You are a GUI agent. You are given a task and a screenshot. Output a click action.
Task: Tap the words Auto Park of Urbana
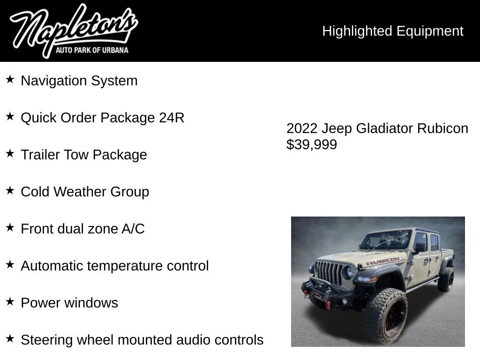(x=92, y=50)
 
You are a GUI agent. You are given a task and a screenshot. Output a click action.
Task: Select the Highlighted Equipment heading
(x=392, y=31)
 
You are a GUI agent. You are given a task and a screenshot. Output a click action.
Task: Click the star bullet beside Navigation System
(x=10, y=79)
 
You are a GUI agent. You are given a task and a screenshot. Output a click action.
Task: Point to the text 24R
(x=172, y=118)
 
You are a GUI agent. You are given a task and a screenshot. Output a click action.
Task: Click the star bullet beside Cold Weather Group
(x=10, y=190)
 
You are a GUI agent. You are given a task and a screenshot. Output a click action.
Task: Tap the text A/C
(x=133, y=229)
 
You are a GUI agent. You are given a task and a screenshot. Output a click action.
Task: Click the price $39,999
(x=312, y=145)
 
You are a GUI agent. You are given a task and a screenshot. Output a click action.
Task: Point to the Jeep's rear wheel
(x=446, y=279)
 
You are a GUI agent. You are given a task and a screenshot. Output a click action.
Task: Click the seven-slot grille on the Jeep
(x=330, y=273)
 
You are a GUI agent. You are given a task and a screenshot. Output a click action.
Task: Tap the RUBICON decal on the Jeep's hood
(x=383, y=261)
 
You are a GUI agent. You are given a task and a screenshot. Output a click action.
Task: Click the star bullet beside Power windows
(x=10, y=301)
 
